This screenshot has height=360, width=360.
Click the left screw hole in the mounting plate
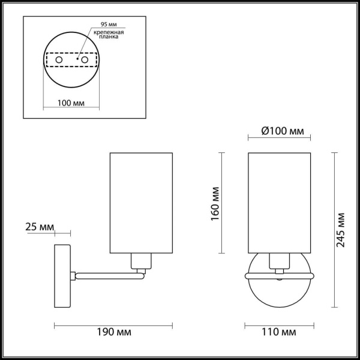pyautogui.click(x=59, y=60)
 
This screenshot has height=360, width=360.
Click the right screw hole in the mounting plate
pyautogui.click(x=85, y=60)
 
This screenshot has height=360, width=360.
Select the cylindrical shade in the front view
pyautogui.click(x=280, y=203)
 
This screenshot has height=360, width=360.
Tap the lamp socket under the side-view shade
pyautogui.click(x=140, y=261)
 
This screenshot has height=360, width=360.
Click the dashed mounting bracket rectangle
pyautogui.click(x=71, y=60)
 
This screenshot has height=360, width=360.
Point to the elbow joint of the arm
pyautogui.click(x=142, y=274)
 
